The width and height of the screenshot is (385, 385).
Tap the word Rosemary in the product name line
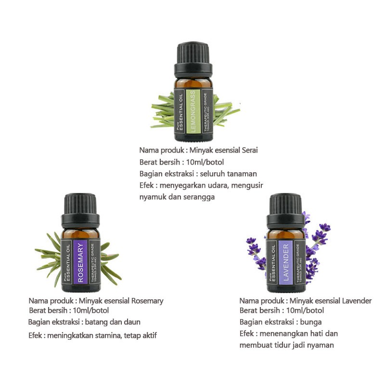tap(147, 301)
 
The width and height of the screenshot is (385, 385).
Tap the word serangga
tap(198, 197)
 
